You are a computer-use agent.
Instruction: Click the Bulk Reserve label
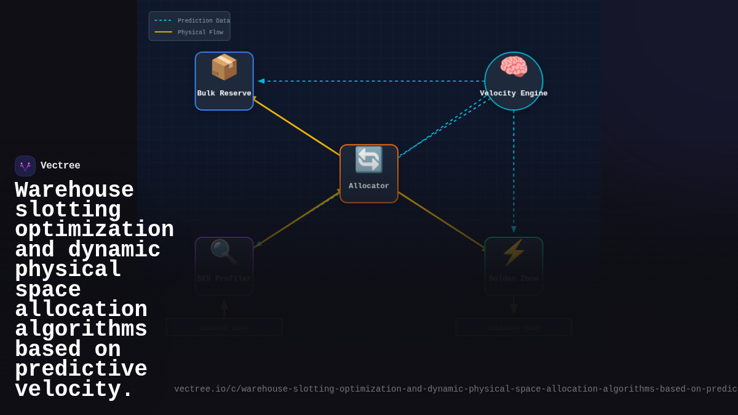[x=224, y=93]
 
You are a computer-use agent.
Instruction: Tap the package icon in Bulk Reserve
[x=224, y=67]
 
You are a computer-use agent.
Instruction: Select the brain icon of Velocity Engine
[x=514, y=67]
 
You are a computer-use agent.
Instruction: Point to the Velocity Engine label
[x=514, y=93]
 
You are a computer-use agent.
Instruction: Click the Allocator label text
[x=369, y=186]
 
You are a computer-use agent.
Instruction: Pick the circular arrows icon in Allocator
[x=369, y=160]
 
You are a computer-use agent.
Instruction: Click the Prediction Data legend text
[x=204, y=21]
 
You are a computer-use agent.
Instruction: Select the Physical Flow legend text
[x=200, y=33]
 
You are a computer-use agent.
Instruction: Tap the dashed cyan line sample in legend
[x=163, y=20]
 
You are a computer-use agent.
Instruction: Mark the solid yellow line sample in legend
[x=163, y=32]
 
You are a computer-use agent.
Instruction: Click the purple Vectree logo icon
[x=25, y=166]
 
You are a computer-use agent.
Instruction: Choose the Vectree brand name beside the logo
[x=60, y=166]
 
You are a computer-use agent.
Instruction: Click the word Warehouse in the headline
[x=74, y=190]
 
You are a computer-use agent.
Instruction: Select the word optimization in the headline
[x=94, y=230]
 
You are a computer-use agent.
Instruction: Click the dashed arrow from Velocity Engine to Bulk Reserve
[x=369, y=81]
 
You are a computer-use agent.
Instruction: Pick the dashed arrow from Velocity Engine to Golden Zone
[x=514, y=172]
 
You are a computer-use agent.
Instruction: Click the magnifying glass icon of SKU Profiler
[x=224, y=252]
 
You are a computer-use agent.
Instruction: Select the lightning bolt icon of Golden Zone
[x=514, y=252]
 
